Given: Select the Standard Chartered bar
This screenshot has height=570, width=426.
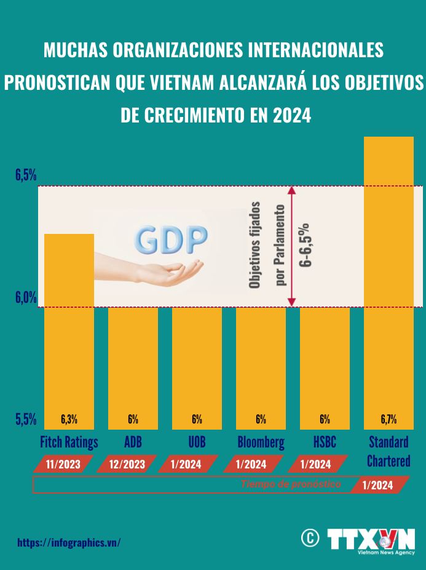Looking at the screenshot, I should pos(389,283).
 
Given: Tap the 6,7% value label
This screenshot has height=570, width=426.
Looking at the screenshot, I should pos(389,420).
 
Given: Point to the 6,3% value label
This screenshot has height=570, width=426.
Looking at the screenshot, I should pos(69,420).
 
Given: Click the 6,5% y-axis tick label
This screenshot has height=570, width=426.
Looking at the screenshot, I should pos(26,175).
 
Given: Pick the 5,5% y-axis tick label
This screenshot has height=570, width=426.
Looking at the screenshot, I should pos(26,420).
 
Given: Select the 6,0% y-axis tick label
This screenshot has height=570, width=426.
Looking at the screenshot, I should pos(26,297).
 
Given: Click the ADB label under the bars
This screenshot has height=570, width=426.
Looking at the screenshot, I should pos(133,442).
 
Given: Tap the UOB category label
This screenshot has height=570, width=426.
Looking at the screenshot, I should pos(197,442).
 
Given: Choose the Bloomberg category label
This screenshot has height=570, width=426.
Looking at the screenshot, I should pos(261,442).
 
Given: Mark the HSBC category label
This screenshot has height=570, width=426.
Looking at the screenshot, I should pos(325,442).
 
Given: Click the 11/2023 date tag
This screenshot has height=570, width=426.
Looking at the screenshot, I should pos(64,464).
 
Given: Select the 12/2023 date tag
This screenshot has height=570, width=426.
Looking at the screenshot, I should pos(128,464).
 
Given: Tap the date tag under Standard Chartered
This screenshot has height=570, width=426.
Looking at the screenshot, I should pos(379,485).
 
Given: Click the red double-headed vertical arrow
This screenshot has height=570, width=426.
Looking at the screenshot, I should pos(292,246).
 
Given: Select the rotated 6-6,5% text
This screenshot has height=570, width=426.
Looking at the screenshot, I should pos(306,244).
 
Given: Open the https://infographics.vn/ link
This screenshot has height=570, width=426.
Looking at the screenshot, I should pos(69,542).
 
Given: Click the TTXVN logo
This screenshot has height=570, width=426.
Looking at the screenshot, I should pos(371,540).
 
